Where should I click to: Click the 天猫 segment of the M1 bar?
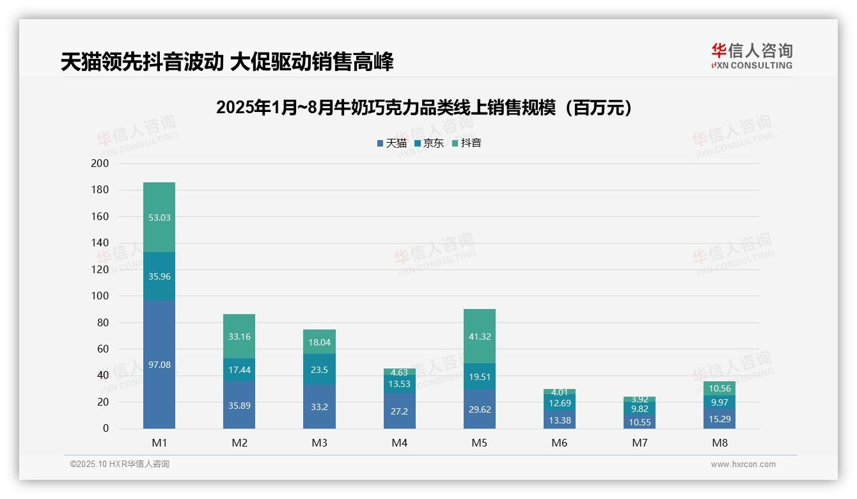pos(159,365)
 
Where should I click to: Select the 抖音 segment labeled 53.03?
pos(159,218)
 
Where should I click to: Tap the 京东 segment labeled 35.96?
pos(159,276)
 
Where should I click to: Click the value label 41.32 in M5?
pos(480,337)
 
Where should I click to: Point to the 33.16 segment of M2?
pos(239,337)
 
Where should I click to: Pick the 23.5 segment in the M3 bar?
pos(319,369)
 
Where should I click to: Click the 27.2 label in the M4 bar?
pos(399,411)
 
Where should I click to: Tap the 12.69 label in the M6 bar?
pos(560,403)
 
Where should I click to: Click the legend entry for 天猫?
pos(392,143)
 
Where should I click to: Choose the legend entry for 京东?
pos(429,143)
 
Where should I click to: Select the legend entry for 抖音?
pos(467,143)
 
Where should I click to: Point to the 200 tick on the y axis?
pos(100,164)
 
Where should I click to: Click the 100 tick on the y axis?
pos(100,296)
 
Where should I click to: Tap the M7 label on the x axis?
pos(640,443)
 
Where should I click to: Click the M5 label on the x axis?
pos(480,443)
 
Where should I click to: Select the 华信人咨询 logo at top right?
pos(751,56)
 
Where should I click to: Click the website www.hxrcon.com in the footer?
pos(743,464)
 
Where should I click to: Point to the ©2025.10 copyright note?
pos(120,464)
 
